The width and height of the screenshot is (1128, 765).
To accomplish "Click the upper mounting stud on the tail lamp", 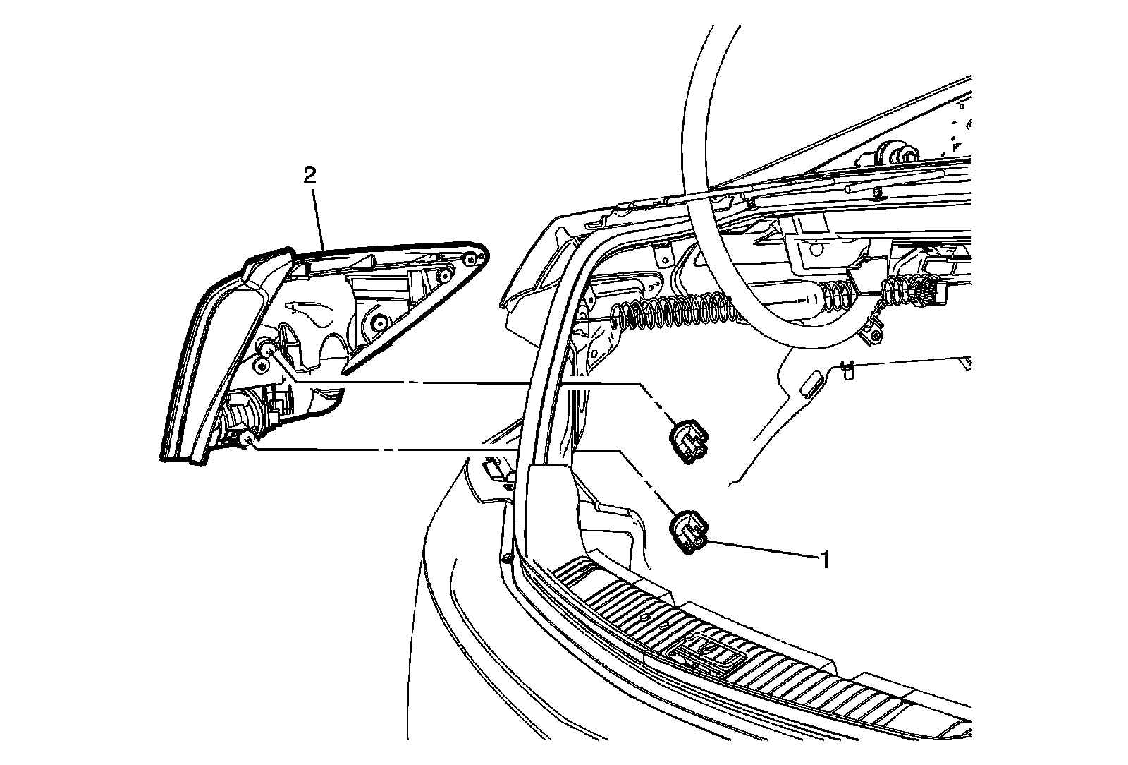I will pos(267,346).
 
